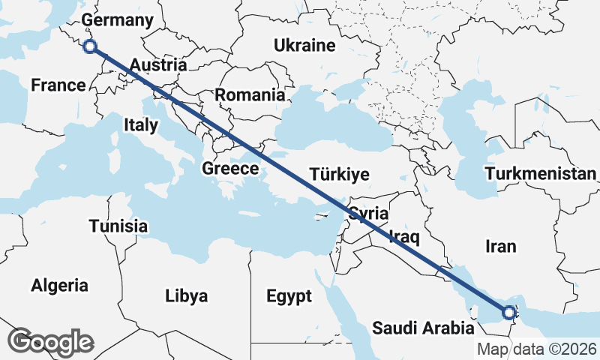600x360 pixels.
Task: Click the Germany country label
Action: (117, 19)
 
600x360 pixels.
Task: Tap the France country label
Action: (58, 85)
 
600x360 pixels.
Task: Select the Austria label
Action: (157, 65)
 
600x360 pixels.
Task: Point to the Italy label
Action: (141, 124)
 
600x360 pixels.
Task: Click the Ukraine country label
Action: (304, 46)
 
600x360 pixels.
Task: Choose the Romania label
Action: (250, 95)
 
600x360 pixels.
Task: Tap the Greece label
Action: (230, 169)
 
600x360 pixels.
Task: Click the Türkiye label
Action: (340, 175)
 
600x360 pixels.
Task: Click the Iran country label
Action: (502, 245)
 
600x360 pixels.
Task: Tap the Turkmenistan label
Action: (541, 175)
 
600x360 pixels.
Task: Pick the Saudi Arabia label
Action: (424, 328)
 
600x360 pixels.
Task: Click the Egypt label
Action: (289, 296)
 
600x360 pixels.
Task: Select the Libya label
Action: (186, 295)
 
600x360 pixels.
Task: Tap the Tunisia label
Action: (118, 226)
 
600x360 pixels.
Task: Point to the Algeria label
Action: (59, 285)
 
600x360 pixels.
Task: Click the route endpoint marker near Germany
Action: (90, 46)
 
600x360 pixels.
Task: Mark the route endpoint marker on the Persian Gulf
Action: (509, 312)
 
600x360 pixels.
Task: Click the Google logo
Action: (50, 342)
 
